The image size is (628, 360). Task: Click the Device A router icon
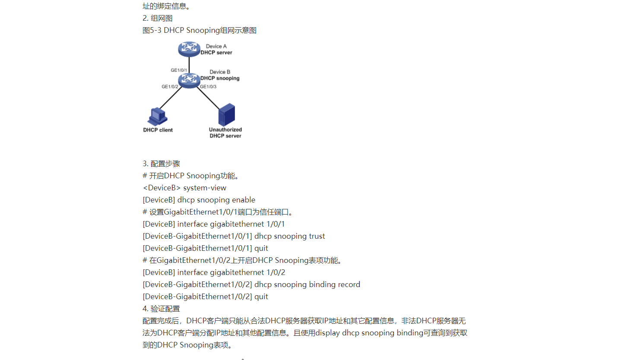click(189, 49)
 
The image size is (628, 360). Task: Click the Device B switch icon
click(189, 80)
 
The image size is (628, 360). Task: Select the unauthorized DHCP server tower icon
click(226, 114)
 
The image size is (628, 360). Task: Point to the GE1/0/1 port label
click(179, 70)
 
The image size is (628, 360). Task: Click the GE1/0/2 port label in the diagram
click(170, 87)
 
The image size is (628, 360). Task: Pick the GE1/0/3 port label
click(208, 87)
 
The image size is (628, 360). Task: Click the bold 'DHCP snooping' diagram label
click(220, 79)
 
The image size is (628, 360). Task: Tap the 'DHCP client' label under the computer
click(158, 130)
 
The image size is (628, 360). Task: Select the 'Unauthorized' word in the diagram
click(225, 129)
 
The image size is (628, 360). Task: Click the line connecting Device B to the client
click(171, 98)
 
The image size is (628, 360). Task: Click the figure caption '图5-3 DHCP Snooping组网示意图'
click(200, 31)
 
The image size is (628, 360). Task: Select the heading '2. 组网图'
click(157, 19)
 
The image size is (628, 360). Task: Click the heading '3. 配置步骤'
click(161, 164)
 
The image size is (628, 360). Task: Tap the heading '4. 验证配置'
click(161, 309)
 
